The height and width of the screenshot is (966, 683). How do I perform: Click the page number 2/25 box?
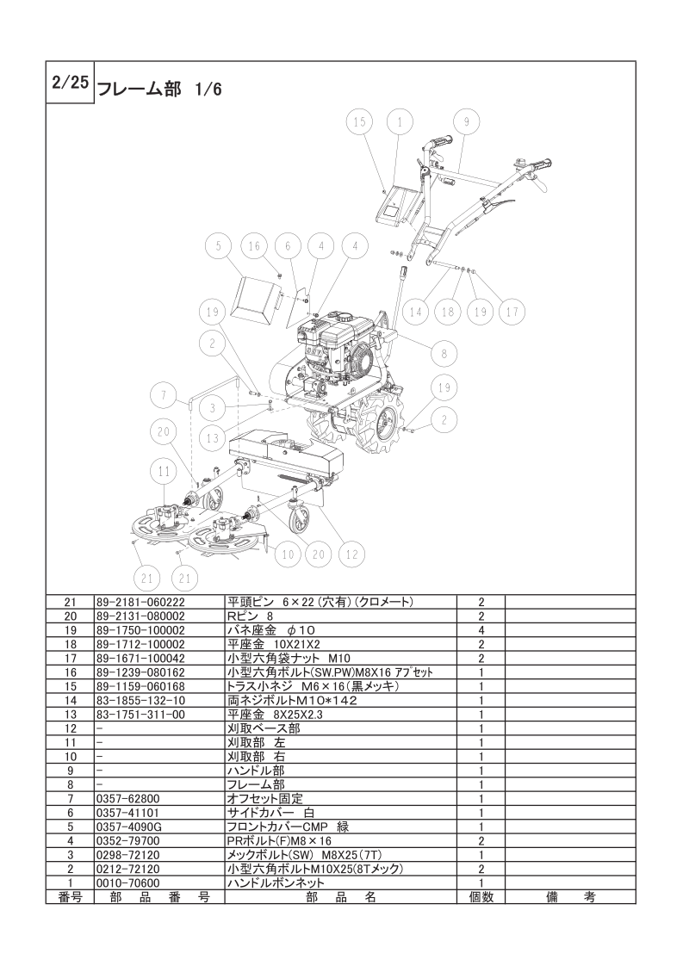coord(70,83)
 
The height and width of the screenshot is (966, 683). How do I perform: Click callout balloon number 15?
coord(359,122)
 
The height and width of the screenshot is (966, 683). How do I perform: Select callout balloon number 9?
coord(467,122)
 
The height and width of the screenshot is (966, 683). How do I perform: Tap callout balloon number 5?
coord(218,246)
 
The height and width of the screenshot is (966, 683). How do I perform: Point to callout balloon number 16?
coord(254,246)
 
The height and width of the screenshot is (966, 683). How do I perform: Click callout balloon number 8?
coord(444,354)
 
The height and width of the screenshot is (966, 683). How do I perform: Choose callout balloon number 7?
coord(164,396)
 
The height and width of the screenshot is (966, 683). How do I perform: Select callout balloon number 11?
coord(164,473)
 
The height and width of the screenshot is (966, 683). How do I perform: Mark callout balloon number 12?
coord(351,554)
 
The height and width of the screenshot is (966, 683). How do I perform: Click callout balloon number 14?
coord(415,313)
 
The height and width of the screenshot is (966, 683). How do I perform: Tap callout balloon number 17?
coord(512,313)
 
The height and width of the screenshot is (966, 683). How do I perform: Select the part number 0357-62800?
coord(128,798)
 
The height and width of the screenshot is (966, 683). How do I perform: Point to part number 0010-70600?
coord(128,882)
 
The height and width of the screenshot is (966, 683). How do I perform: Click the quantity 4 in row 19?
coord(481,630)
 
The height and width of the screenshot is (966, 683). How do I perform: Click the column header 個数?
coord(481,897)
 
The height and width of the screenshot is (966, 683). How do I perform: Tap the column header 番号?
coord(70,897)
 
